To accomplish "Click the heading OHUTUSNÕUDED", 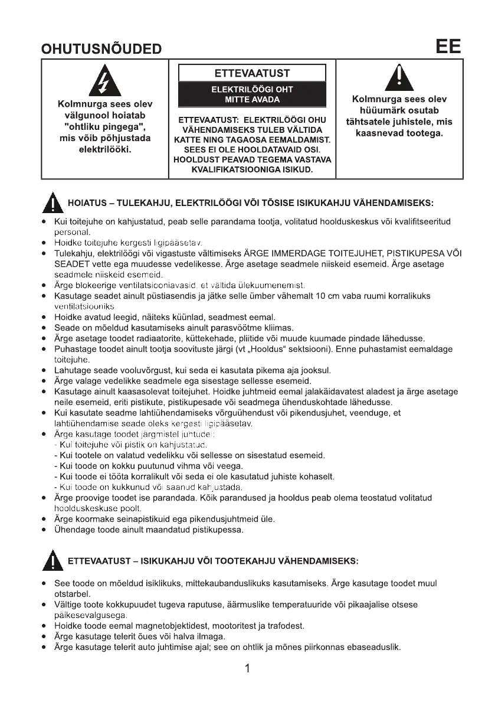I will tap(101, 49).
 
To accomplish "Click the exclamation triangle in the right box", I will tap(399, 78).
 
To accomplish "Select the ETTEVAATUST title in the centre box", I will tap(252, 73).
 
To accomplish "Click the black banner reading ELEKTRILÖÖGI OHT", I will tap(252, 94).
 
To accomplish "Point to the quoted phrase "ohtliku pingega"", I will tap(104, 127).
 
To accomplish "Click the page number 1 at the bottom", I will tap(248, 669).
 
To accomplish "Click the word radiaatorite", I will tap(136, 338).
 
